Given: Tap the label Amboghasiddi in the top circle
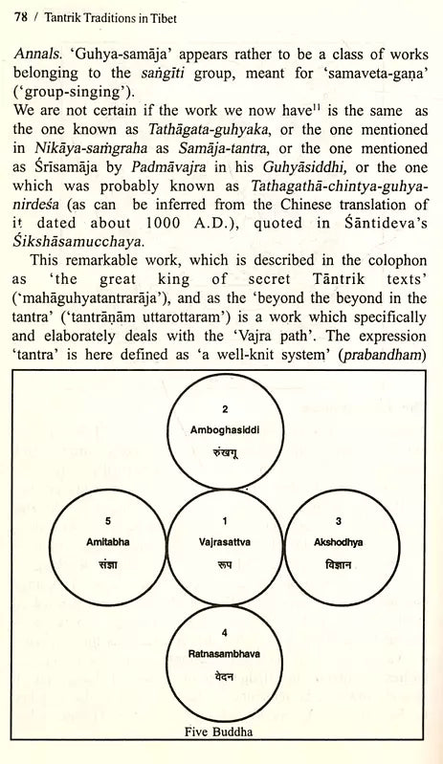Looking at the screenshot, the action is (221, 429).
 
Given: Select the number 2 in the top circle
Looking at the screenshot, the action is (222, 409).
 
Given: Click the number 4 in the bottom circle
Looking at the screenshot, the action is (222, 632).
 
